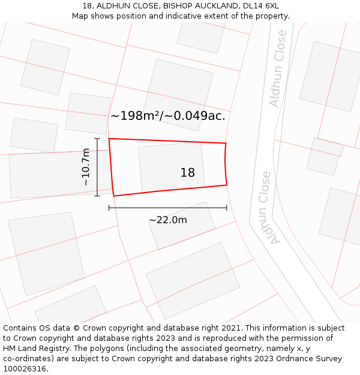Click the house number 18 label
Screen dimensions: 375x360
click(187, 173)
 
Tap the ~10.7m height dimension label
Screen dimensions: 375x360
click(86, 167)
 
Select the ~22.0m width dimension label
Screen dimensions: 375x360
click(168, 220)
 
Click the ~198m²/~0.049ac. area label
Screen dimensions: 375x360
click(167, 116)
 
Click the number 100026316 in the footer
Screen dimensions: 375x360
click(25, 368)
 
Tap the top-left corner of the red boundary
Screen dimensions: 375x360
click(109, 139)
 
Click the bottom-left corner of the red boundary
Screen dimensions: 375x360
click(113, 196)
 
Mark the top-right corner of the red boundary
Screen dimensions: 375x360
click(226, 143)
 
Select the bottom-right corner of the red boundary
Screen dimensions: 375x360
click(227, 185)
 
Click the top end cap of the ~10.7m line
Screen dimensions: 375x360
click(97, 139)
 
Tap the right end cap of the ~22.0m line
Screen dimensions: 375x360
click(227, 208)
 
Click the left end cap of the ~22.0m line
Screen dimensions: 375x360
click(109, 208)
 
